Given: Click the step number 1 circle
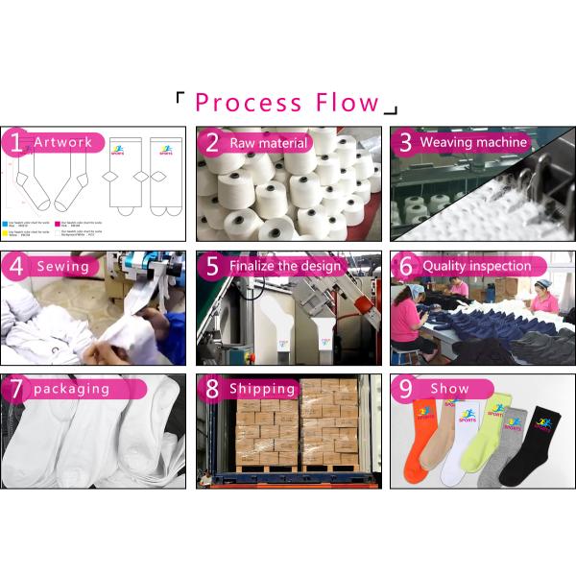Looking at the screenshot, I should pos(14,143).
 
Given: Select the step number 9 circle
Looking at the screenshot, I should pos(405,390).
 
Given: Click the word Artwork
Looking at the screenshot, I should pos(63,143).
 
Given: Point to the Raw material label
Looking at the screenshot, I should pos(269,143).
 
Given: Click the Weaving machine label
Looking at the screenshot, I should pos(473,142).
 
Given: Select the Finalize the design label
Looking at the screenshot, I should pos(285,266).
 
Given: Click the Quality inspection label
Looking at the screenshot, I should pos(477,266).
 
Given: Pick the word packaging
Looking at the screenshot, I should pos(71,390).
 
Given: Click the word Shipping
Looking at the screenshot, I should pos(262,389).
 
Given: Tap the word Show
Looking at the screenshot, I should pos(449,390).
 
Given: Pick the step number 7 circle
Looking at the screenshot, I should pos(14,390).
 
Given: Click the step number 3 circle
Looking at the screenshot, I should pos(405,143).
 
